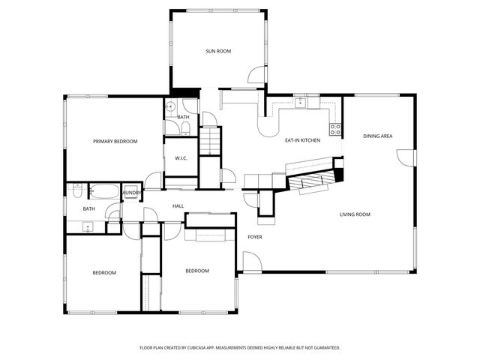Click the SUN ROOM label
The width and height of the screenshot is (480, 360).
(x=218, y=52)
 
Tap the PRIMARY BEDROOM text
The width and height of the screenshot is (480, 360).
(x=115, y=141)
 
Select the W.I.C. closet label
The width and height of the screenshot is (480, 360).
(x=181, y=158)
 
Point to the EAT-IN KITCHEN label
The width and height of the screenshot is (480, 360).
(x=302, y=140)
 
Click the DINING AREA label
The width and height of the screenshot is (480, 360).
(x=377, y=136)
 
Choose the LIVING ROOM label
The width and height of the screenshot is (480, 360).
(x=355, y=214)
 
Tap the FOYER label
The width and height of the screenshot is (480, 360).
(x=255, y=237)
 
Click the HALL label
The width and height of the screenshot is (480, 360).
(x=178, y=206)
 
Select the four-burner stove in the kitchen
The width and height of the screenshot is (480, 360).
(x=335, y=129)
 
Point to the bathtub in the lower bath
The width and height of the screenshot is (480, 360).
(x=104, y=192)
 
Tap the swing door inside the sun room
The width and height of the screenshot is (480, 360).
(x=257, y=74)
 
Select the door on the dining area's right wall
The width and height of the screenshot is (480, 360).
(x=406, y=158)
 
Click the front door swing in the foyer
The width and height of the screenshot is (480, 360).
(x=250, y=262)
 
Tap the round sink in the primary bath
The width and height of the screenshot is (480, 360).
(x=171, y=106)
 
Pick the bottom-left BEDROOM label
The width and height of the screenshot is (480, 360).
(x=104, y=273)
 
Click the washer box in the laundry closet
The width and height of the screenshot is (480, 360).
(x=131, y=192)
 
